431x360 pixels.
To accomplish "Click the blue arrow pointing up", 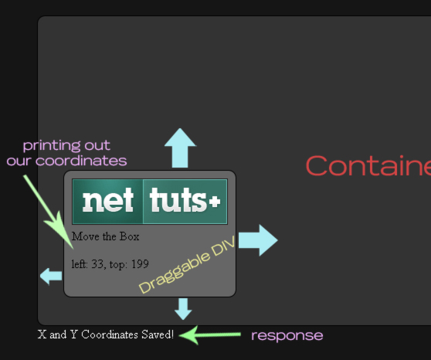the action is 180,148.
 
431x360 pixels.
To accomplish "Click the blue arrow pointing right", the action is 258,240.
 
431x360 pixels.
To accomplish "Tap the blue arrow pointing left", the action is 51,276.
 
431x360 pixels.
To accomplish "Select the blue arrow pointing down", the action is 183,308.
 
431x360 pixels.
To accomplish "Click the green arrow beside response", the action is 210,335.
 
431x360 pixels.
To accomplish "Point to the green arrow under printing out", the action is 49,212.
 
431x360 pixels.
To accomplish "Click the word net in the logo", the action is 108,201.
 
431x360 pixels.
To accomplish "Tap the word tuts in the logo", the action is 178,200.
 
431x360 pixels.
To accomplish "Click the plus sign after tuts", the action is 215,202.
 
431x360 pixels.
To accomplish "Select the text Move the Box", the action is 106,236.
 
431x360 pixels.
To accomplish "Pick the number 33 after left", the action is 97,264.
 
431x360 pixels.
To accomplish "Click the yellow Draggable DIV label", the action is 187,264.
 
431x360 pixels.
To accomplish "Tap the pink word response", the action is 287,336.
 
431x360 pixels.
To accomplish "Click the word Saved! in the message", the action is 158,335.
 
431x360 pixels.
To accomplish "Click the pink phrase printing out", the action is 66,145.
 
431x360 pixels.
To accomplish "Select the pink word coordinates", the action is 81,161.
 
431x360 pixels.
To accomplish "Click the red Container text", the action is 368,165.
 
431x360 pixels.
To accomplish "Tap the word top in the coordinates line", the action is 118,264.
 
